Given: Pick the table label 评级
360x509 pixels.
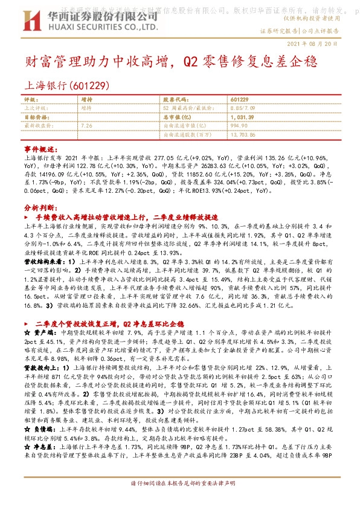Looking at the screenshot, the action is click(30, 99).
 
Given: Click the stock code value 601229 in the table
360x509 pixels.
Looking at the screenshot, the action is click(239, 99).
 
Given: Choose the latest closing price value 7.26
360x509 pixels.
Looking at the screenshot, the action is click(86, 125).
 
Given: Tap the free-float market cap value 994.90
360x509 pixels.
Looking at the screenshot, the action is click(239, 125).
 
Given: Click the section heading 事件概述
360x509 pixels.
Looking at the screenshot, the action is click(39, 148).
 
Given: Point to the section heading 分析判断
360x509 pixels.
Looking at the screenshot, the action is click(39, 206).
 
